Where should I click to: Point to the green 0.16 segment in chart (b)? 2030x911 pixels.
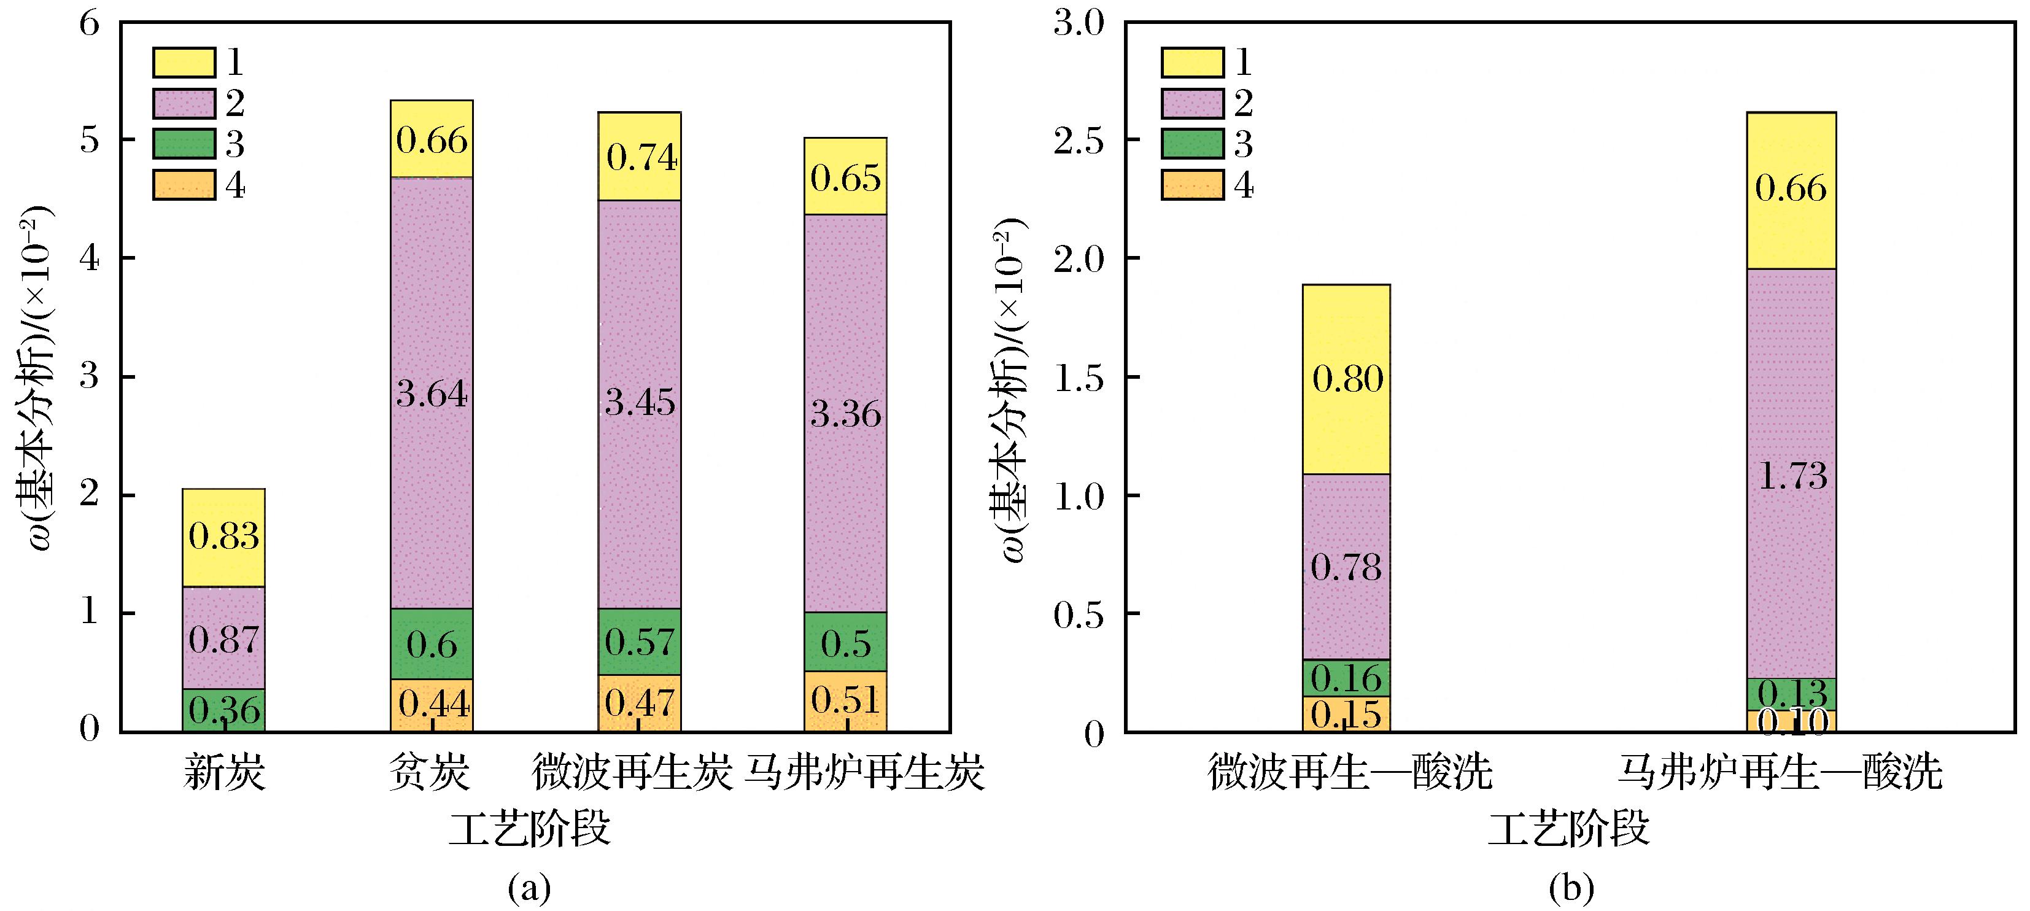tap(1346, 678)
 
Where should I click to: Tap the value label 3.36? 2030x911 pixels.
tap(845, 414)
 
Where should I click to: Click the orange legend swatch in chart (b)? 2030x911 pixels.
tap(1192, 185)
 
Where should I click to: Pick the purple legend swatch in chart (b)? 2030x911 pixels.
tap(1192, 103)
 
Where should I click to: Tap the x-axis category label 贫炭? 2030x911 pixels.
tap(430, 773)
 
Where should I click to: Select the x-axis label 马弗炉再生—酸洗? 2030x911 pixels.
tap(1780, 773)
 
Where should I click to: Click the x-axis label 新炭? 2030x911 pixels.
tap(224, 773)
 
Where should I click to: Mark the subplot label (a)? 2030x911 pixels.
tap(530, 889)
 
